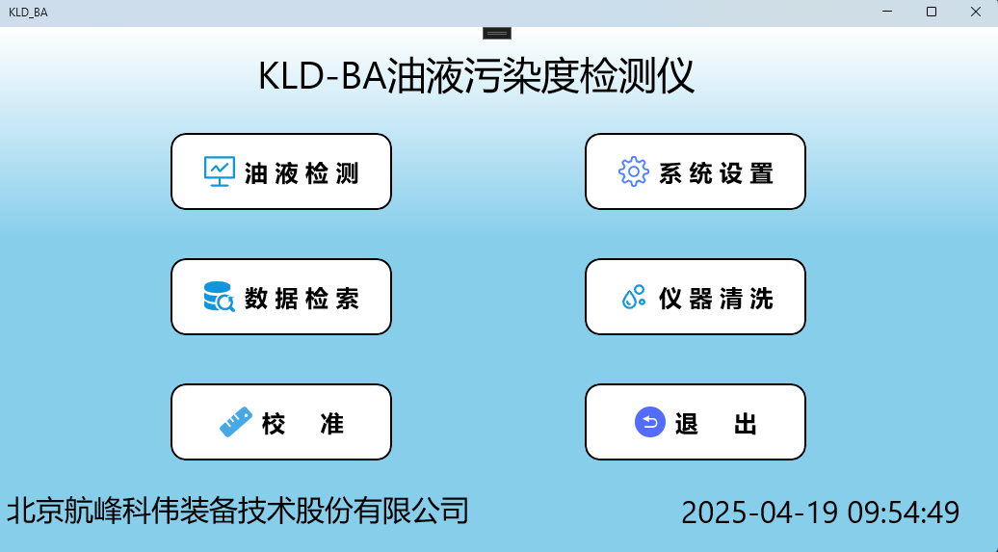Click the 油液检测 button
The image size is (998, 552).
click(281, 171)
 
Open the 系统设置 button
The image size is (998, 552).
click(696, 171)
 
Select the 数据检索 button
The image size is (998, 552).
click(281, 297)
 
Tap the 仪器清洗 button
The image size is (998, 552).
click(696, 297)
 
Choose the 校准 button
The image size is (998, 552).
click(281, 422)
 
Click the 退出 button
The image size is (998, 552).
click(696, 422)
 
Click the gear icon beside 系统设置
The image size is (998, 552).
click(633, 171)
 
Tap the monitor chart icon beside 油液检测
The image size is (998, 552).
click(220, 171)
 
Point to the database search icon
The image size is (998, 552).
click(219, 297)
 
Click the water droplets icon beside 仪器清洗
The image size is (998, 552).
click(633, 297)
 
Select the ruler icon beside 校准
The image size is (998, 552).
click(235, 422)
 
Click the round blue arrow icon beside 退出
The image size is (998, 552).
click(650, 422)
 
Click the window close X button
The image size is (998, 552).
click(975, 12)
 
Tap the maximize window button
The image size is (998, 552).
click(931, 12)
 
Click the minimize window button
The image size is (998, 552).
click(886, 12)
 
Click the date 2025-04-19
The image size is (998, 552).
click(759, 512)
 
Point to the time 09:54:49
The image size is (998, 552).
click(904, 512)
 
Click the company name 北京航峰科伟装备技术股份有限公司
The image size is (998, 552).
click(238, 510)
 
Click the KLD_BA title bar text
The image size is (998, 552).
click(28, 13)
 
